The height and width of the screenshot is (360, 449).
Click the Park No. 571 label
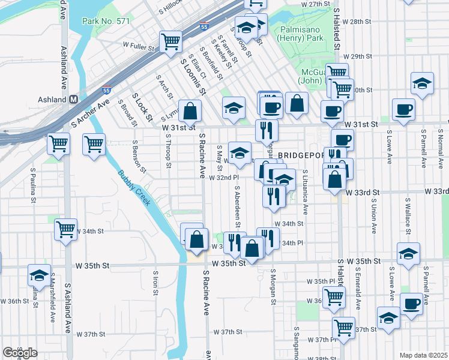[107, 21]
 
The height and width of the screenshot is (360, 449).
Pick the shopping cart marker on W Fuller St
[170, 41]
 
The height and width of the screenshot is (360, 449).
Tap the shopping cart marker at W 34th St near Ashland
[65, 229]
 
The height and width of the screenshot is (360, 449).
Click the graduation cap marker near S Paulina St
[40, 275]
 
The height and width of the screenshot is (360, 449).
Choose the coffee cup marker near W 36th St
[412, 304]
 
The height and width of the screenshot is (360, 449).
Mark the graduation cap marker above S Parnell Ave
[422, 83]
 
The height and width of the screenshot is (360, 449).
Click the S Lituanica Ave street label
[305, 200]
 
